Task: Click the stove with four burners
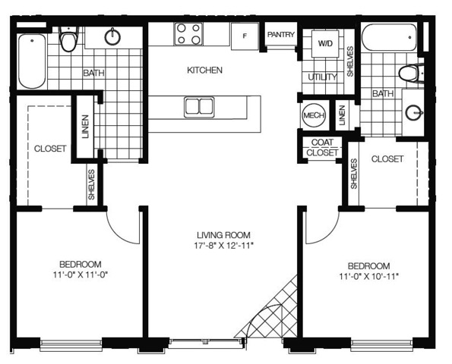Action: point(188,34)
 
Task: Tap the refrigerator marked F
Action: point(245,36)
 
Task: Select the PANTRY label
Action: point(281,35)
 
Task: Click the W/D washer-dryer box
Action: point(325,43)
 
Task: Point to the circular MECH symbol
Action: point(314,115)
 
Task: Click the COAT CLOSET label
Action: point(322,147)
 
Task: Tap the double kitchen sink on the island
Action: point(199,107)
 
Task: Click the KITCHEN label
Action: point(204,70)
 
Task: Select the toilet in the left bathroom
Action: point(69,39)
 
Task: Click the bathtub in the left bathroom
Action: point(32,61)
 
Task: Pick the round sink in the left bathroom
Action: point(112,37)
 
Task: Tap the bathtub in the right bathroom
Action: point(389,37)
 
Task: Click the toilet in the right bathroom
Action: point(411,74)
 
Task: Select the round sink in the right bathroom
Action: point(414,112)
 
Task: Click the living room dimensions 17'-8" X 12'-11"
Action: point(223,246)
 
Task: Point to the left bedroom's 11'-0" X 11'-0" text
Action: point(81,275)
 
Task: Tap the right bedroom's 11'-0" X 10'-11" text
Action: point(368,276)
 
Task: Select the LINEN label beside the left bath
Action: point(85,127)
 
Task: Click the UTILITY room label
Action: point(322,77)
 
